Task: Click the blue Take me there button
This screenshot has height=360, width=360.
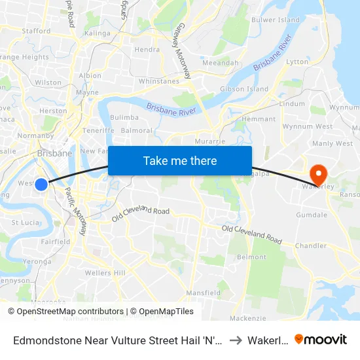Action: pos(180,160)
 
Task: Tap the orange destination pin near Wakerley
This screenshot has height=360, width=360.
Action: pos(319,173)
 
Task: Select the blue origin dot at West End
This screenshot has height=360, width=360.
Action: pos(41,185)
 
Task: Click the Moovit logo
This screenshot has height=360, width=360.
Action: pos(321,339)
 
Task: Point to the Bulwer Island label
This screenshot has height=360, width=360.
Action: pos(276,20)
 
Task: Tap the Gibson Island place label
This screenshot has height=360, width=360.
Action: pos(244,89)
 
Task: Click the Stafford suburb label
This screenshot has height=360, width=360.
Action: pos(36,31)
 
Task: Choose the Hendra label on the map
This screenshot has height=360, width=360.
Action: pos(147,49)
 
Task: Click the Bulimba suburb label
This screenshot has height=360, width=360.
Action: pos(124,117)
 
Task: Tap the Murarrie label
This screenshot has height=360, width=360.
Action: pos(211,141)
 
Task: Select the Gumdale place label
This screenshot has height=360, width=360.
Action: pos(311,215)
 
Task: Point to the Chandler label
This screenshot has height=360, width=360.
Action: pos(311,246)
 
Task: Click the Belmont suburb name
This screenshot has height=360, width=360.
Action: pos(251,257)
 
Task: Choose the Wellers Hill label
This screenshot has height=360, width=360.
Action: pos(105,272)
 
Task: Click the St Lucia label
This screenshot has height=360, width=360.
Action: pos(25,222)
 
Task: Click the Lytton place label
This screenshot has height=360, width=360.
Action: pos(297,62)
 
